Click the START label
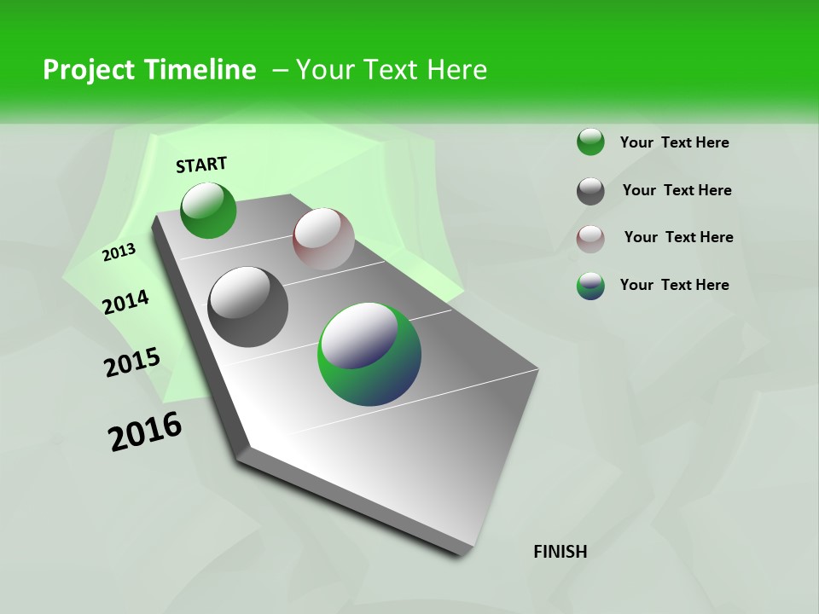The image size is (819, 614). (x=201, y=165)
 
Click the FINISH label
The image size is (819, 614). (x=561, y=552)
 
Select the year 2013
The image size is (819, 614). (x=119, y=252)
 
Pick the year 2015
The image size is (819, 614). (x=132, y=362)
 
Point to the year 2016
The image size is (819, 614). (x=145, y=432)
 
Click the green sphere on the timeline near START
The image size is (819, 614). (x=208, y=211)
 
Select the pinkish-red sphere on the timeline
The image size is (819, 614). (x=323, y=239)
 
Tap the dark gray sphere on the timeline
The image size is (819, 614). (x=248, y=307)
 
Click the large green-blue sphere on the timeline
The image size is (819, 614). (x=369, y=354)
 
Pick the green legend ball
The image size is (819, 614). (x=590, y=142)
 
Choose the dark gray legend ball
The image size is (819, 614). (x=590, y=191)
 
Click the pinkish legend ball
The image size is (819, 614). (x=590, y=239)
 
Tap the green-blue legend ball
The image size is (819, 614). (x=590, y=286)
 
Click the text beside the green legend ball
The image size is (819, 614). (x=674, y=142)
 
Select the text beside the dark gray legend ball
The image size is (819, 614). (x=677, y=190)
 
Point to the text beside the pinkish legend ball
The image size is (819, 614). (x=678, y=237)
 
